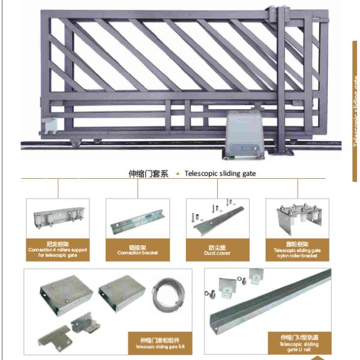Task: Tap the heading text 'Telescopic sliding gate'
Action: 220,174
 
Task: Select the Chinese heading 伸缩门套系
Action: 148,174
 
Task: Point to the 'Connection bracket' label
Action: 137,250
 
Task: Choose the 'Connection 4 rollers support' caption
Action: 58,253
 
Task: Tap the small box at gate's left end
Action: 47,126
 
